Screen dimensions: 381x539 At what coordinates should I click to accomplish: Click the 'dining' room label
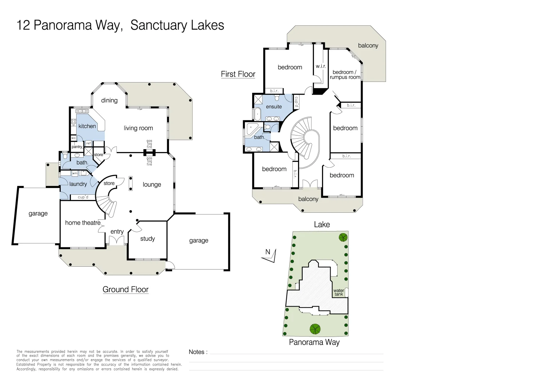coord(109,101)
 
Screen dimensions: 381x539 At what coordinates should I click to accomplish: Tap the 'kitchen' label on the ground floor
coord(87,126)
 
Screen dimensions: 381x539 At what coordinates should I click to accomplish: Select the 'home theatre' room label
coord(83,223)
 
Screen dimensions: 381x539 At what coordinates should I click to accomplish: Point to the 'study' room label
coord(147,239)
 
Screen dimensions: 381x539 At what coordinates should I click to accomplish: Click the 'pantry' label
coord(77,147)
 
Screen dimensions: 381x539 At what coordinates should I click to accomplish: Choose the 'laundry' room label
coord(78,184)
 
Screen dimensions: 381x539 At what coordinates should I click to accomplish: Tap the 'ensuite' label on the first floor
coord(274,107)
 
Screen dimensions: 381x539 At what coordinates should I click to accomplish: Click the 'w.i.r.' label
coord(321,66)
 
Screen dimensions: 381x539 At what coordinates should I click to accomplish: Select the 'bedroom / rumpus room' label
coord(345,75)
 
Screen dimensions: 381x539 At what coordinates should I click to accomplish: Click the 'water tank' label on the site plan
coord(339,292)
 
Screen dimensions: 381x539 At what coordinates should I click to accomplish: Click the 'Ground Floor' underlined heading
coord(126,290)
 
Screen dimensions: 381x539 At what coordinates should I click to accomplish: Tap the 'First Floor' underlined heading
coord(238,74)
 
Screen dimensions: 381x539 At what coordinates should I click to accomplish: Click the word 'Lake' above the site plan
coord(322,225)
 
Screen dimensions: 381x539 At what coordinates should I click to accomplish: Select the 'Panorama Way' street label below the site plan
coord(314,342)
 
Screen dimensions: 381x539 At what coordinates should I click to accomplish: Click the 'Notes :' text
coord(198,352)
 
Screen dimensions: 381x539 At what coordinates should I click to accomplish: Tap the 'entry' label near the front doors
coord(117,232)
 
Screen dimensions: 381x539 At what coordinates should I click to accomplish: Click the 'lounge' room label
coord(152,185)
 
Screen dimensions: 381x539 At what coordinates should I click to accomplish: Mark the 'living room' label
coord(138,128)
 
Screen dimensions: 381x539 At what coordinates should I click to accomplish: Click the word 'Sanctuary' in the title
coord(158,25)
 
